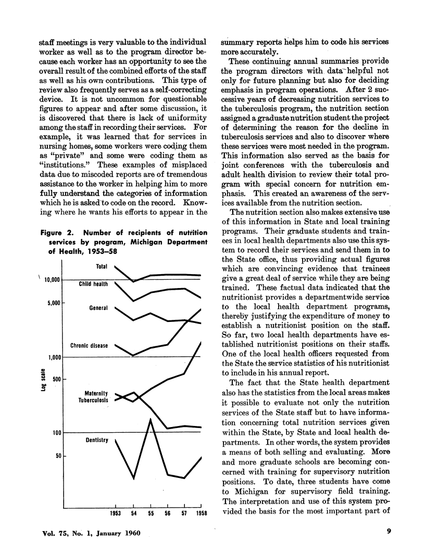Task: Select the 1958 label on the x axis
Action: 200,515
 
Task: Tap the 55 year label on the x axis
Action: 150,515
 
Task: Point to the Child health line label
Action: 93,285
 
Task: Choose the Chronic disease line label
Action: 89,346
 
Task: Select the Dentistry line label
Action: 96,441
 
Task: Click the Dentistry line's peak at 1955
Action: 150,419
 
